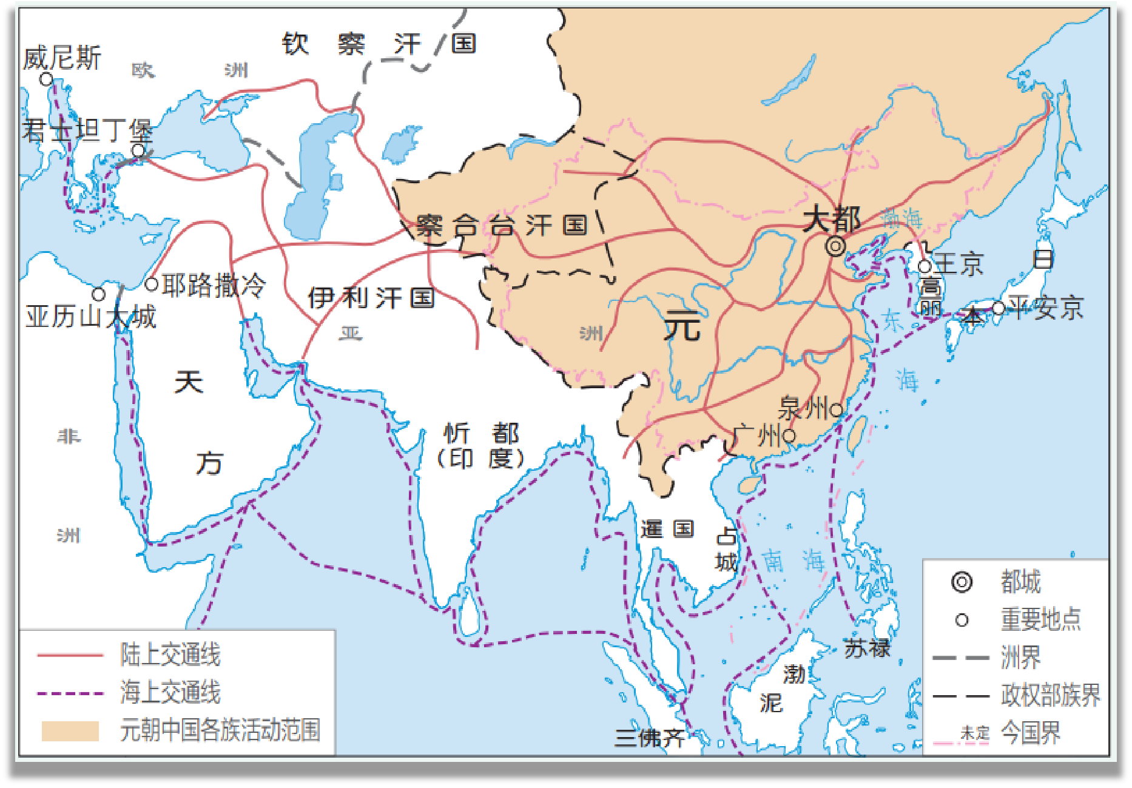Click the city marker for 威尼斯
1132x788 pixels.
coord(46,79)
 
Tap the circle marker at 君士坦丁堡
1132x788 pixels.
coord(138,150)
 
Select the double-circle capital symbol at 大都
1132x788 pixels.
coord(835,246)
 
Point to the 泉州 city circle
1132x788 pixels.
coord(836,410)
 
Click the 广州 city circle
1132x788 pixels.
coord(789,436)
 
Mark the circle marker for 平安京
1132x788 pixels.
coord(999,308)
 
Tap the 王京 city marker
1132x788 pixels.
coord(925,266)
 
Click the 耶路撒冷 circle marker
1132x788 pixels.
coord(152,284)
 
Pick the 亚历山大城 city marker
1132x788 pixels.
coord(99,294)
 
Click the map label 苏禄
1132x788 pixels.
coord(866,648)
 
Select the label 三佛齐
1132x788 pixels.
coord(650,737)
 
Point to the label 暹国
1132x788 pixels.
coord(667,529)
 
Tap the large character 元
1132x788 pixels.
coord(682,326)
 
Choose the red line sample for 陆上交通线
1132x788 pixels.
coord(70,655)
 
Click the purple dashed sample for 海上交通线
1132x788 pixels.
coord(70,693)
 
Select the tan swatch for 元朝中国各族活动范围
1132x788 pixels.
coord(70,730)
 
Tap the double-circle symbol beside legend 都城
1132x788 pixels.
coord(962,582)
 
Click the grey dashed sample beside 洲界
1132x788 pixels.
coord(961,658)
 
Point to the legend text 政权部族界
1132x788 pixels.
coord(1050,695)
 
